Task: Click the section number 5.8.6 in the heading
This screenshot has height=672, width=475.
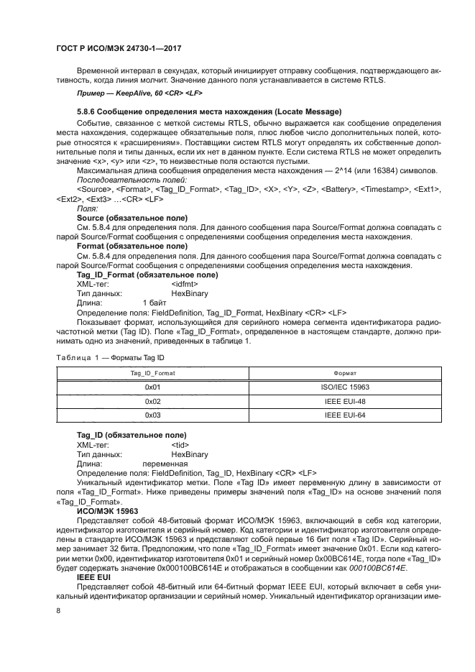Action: click(x=87, y=112)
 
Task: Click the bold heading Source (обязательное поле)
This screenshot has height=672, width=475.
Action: click(x=132, y=216)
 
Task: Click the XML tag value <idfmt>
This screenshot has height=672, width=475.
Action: click(x=183, y=284)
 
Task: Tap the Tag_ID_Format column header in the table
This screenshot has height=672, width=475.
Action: click(x=152, y=374)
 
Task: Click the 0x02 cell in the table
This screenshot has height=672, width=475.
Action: click(x=152, y=401)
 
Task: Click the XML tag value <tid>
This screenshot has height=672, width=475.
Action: click(x=180, y=445)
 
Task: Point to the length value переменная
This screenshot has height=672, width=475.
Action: click(x=165, y=464)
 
